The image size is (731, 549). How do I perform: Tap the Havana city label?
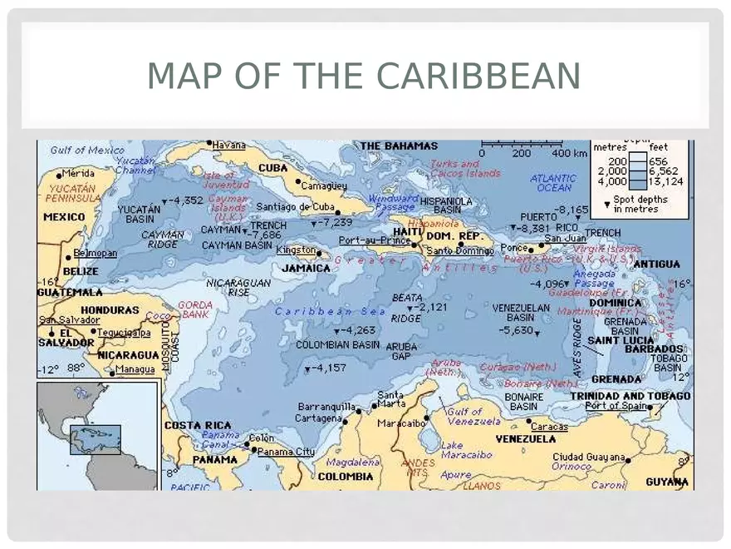click(x=228, y=145)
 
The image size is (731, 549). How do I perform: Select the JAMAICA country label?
click(x=306, y=268)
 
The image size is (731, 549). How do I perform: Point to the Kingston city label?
click(x=297, y=250)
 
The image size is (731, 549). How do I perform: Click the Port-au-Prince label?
click(x=374, y=240)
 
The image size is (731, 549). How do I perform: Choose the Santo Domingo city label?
click(x=460, y=250)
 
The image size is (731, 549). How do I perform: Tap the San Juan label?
click(x=565, y=239)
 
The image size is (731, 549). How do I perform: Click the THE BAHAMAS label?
click(x=399, y=146)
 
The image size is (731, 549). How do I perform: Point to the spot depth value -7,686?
click(x=267, y=235)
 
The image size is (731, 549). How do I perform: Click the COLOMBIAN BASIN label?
click(x=338, y=344)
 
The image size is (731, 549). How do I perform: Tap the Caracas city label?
click(x=549, y=427)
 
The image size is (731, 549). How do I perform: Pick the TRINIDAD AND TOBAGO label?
click(x=630, y=396)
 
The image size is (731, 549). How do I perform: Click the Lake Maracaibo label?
click(x=465, y=450)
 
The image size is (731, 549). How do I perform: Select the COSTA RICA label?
click(x=198, y=425)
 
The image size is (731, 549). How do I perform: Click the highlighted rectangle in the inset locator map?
click(x=95, y=440)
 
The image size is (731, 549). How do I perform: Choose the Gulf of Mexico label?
click(x=87, y=151)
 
